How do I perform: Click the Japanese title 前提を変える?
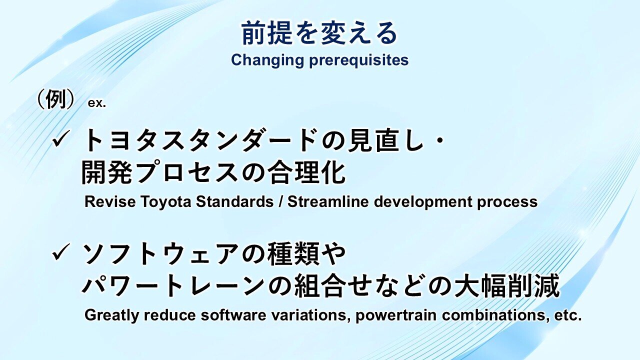click(319, 33)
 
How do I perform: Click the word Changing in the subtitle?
click(267, 60)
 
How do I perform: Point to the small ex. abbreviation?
click(97, 103)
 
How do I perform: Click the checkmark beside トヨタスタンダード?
click(61, 138)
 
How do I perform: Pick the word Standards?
click(234, 201)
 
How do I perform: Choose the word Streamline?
click(328, 201)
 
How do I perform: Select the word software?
click(233, 315)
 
